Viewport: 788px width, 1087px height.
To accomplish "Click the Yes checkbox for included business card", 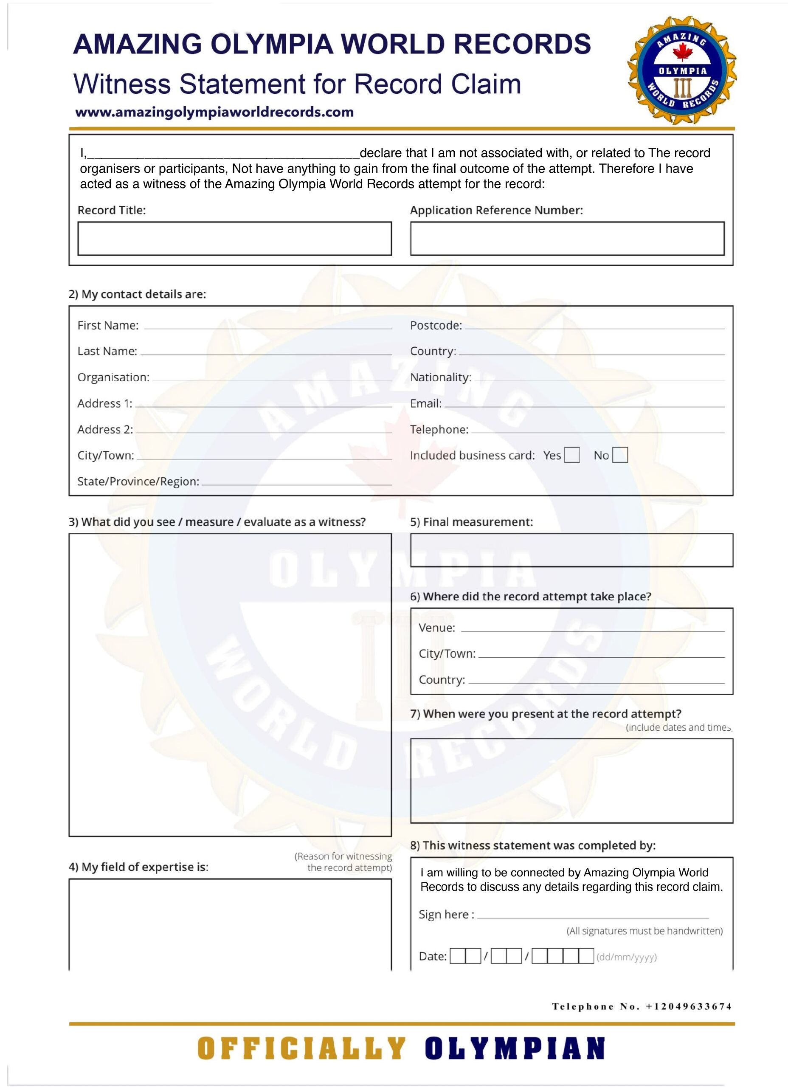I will pos(572,455).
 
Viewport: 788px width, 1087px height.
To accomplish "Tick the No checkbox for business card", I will pos(620,455).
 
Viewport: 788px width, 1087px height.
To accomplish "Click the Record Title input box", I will pos(234,238).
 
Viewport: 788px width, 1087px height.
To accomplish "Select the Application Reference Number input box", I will pos(567,238).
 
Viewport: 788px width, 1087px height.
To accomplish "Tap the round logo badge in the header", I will pos(682,71).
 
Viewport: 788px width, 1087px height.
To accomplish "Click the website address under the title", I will pos(214,112).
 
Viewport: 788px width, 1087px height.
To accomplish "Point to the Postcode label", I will pos(436,325).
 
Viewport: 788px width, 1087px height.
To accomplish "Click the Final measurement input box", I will pos(571,550).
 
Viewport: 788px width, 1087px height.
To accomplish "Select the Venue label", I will pos(436,628).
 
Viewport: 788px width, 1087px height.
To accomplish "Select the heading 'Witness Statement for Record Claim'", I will pos(297,84).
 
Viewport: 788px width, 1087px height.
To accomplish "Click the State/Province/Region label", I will pos(138,482).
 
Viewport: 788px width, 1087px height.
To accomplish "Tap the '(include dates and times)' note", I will pos(678,727).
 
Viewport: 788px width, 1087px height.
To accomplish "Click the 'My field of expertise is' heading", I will pos(138,867).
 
